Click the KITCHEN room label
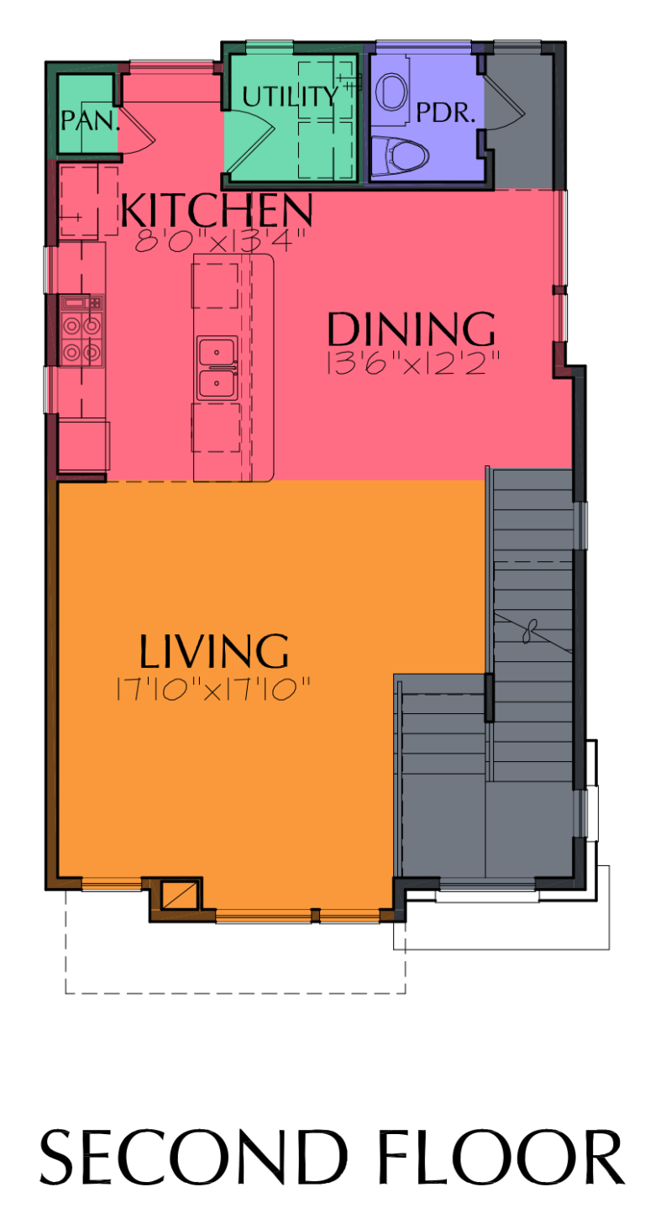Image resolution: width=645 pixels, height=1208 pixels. pyautogui.click(x=216, y=210)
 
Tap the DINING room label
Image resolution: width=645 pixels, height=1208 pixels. pyautogui.click(x=411, y=329)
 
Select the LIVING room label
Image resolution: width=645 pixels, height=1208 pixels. pyautogui.click(x=214, y=652)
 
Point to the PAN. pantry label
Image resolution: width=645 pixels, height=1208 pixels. pyautogui.click(x=90, y=120)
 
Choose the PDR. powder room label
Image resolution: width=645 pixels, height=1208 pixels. pyautogui.click(x=446, y=113)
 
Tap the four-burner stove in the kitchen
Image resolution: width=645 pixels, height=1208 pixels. pyautogui.click(x=82, y=337)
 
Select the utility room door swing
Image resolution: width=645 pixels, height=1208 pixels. pyautogui.click(x=252, y=139)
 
